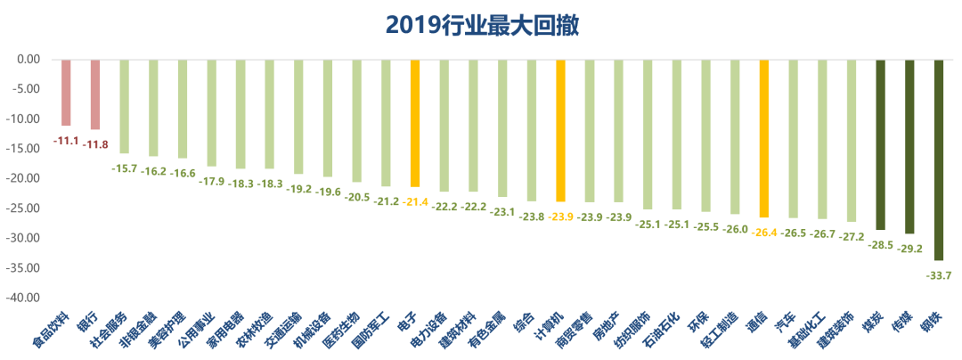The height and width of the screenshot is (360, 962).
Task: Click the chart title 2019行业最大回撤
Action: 482,24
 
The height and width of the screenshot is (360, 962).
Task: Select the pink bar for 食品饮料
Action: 66,93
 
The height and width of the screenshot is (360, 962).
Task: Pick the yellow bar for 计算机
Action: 560,130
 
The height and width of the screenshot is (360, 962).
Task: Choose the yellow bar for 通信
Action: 764,138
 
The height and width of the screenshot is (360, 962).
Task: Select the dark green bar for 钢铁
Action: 939,160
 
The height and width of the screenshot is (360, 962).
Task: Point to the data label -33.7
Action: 939,275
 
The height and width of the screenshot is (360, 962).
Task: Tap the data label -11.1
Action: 66,141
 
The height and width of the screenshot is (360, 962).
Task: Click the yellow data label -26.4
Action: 764,232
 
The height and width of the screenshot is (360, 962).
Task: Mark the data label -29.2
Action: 909,249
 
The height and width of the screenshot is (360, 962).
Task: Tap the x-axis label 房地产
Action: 604,329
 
